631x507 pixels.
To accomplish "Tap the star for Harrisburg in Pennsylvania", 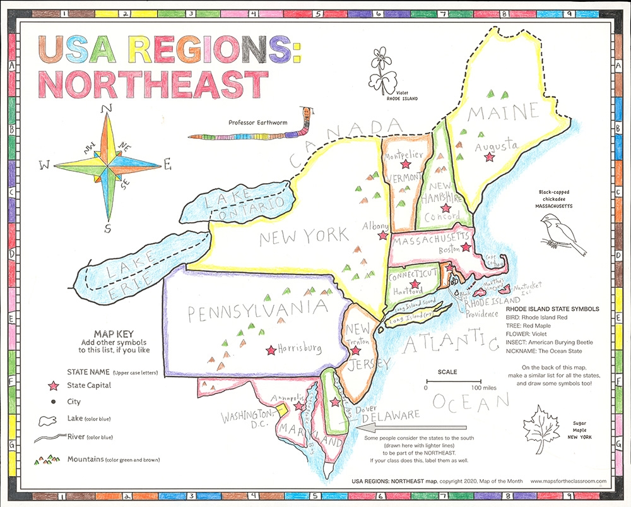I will pos(271,349).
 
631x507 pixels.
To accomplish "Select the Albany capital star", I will pos(382,236).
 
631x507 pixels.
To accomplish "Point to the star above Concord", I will pos(445,208).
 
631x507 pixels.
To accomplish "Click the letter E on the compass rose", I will pos(167,166).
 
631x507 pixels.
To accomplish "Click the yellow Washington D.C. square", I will pos(283,409).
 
